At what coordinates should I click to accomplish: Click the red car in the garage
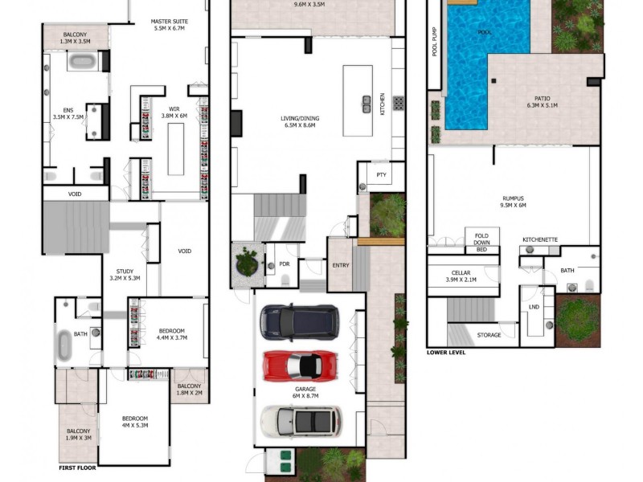(299, 366)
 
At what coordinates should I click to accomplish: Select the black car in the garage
(299, 322)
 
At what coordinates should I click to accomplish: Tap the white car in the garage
(301, 421)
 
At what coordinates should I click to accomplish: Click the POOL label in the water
(485, 33)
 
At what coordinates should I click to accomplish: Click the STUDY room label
(124, 275)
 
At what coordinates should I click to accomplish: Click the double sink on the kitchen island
(367, 103)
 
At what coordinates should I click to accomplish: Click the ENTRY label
(341, 266)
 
